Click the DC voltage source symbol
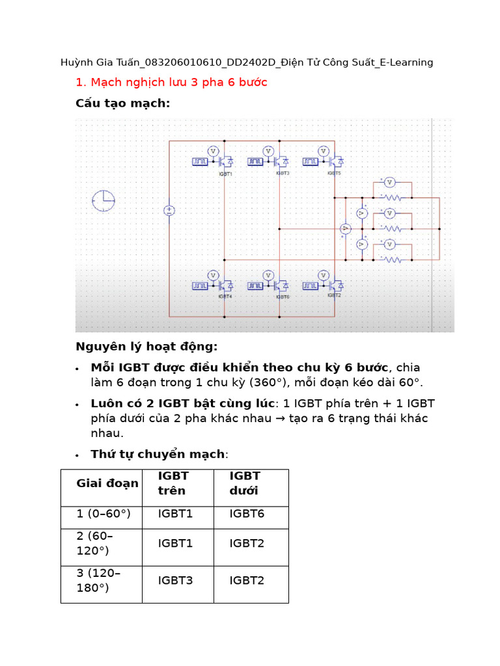tap(169, 210)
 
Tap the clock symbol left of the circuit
tap(103, 201)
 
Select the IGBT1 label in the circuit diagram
tap(225, 174)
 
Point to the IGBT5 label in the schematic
tap(334, 174)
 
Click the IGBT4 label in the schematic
tap(225, 297)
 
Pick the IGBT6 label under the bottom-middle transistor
tap(282, 297)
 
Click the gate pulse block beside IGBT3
tap(255, 161)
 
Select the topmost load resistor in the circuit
tap(392, 196)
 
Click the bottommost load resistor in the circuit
tap(392, 260)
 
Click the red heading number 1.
tap(80, 83)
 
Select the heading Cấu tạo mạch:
tap(122, 103)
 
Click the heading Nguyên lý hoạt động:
tap(146, 346)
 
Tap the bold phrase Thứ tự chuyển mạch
tap(158, 454)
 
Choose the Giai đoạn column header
tap(107, 483)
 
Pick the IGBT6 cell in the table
tap(247, 514)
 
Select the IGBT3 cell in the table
tap(175, 580)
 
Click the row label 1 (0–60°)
tap(104, 514)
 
